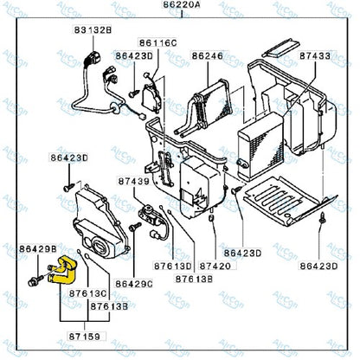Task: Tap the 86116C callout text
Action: click(x=159, y=42)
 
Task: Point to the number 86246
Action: click(x=208, y=55)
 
